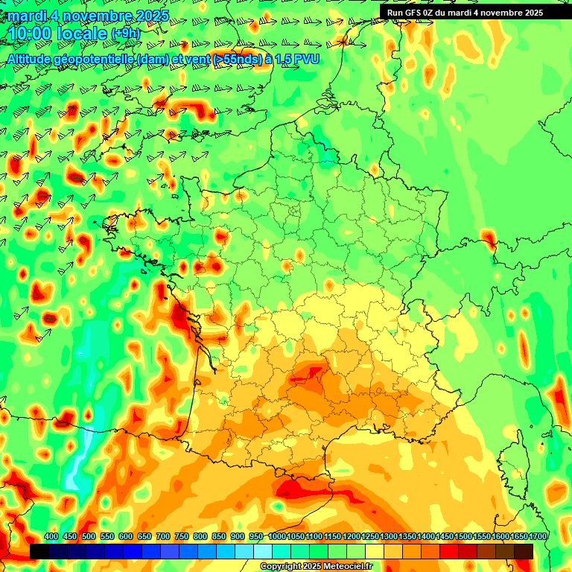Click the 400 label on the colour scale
pos(51,536)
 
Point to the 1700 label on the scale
pos(538,536)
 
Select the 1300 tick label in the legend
pos(388,536)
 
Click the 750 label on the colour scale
pos(181,536)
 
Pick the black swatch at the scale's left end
pos(39,551)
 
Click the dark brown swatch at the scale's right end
pos(524,551)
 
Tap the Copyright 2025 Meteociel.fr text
pos(316,566)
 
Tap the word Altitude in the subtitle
pos(31,58)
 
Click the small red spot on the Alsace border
pos(489,238)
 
